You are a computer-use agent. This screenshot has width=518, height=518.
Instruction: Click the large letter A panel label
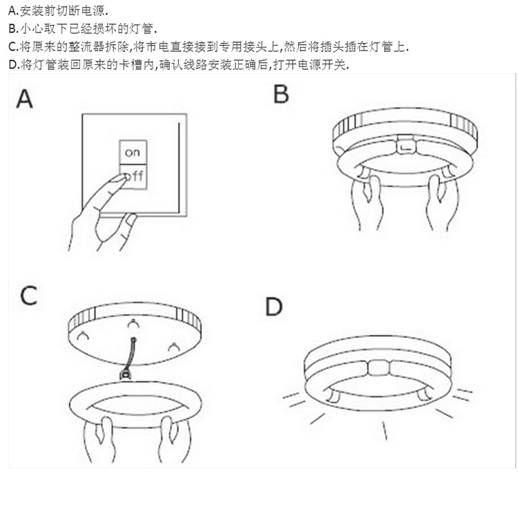coord(25,99)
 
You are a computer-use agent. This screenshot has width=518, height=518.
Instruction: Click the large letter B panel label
coord(280,93)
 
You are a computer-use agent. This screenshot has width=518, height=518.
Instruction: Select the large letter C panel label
coord(28,295)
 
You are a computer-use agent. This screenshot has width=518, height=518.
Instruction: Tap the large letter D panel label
coord(274,307)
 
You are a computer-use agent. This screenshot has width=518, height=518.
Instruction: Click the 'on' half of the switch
coord(132,152)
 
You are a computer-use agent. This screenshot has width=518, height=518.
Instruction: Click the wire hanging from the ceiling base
coord(129,353)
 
